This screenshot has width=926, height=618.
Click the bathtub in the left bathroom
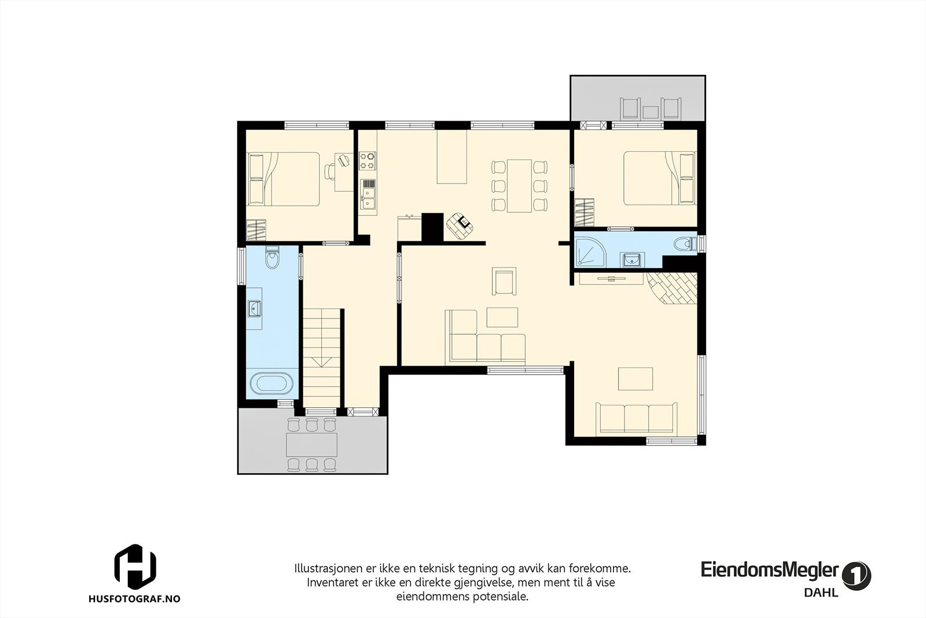pyautogui.click(x=271, y=384)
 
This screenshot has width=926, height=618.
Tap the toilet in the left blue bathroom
pyautogui.click(x=271, y=259)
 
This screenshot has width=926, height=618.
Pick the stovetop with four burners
pyautogui.click(x=367, y=160)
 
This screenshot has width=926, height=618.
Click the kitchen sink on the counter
pyautogui.click(x=367, y=194)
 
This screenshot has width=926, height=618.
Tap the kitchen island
pyautogui.click(x=452, y=156)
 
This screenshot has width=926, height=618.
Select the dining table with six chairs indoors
pyautogui.click(x=519, y=185)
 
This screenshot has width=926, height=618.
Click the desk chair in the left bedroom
pyautogui.click(x=330, y=171)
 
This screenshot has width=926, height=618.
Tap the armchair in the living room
pyautogui.click(x=504, y=281)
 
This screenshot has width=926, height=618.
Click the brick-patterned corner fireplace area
pyautogui.click(x=675, y=288)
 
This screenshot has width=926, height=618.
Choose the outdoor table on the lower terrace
pyautogui.click(x=312, y=445)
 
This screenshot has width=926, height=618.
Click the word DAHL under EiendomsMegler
pyautogui.click(x=821, y=593)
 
